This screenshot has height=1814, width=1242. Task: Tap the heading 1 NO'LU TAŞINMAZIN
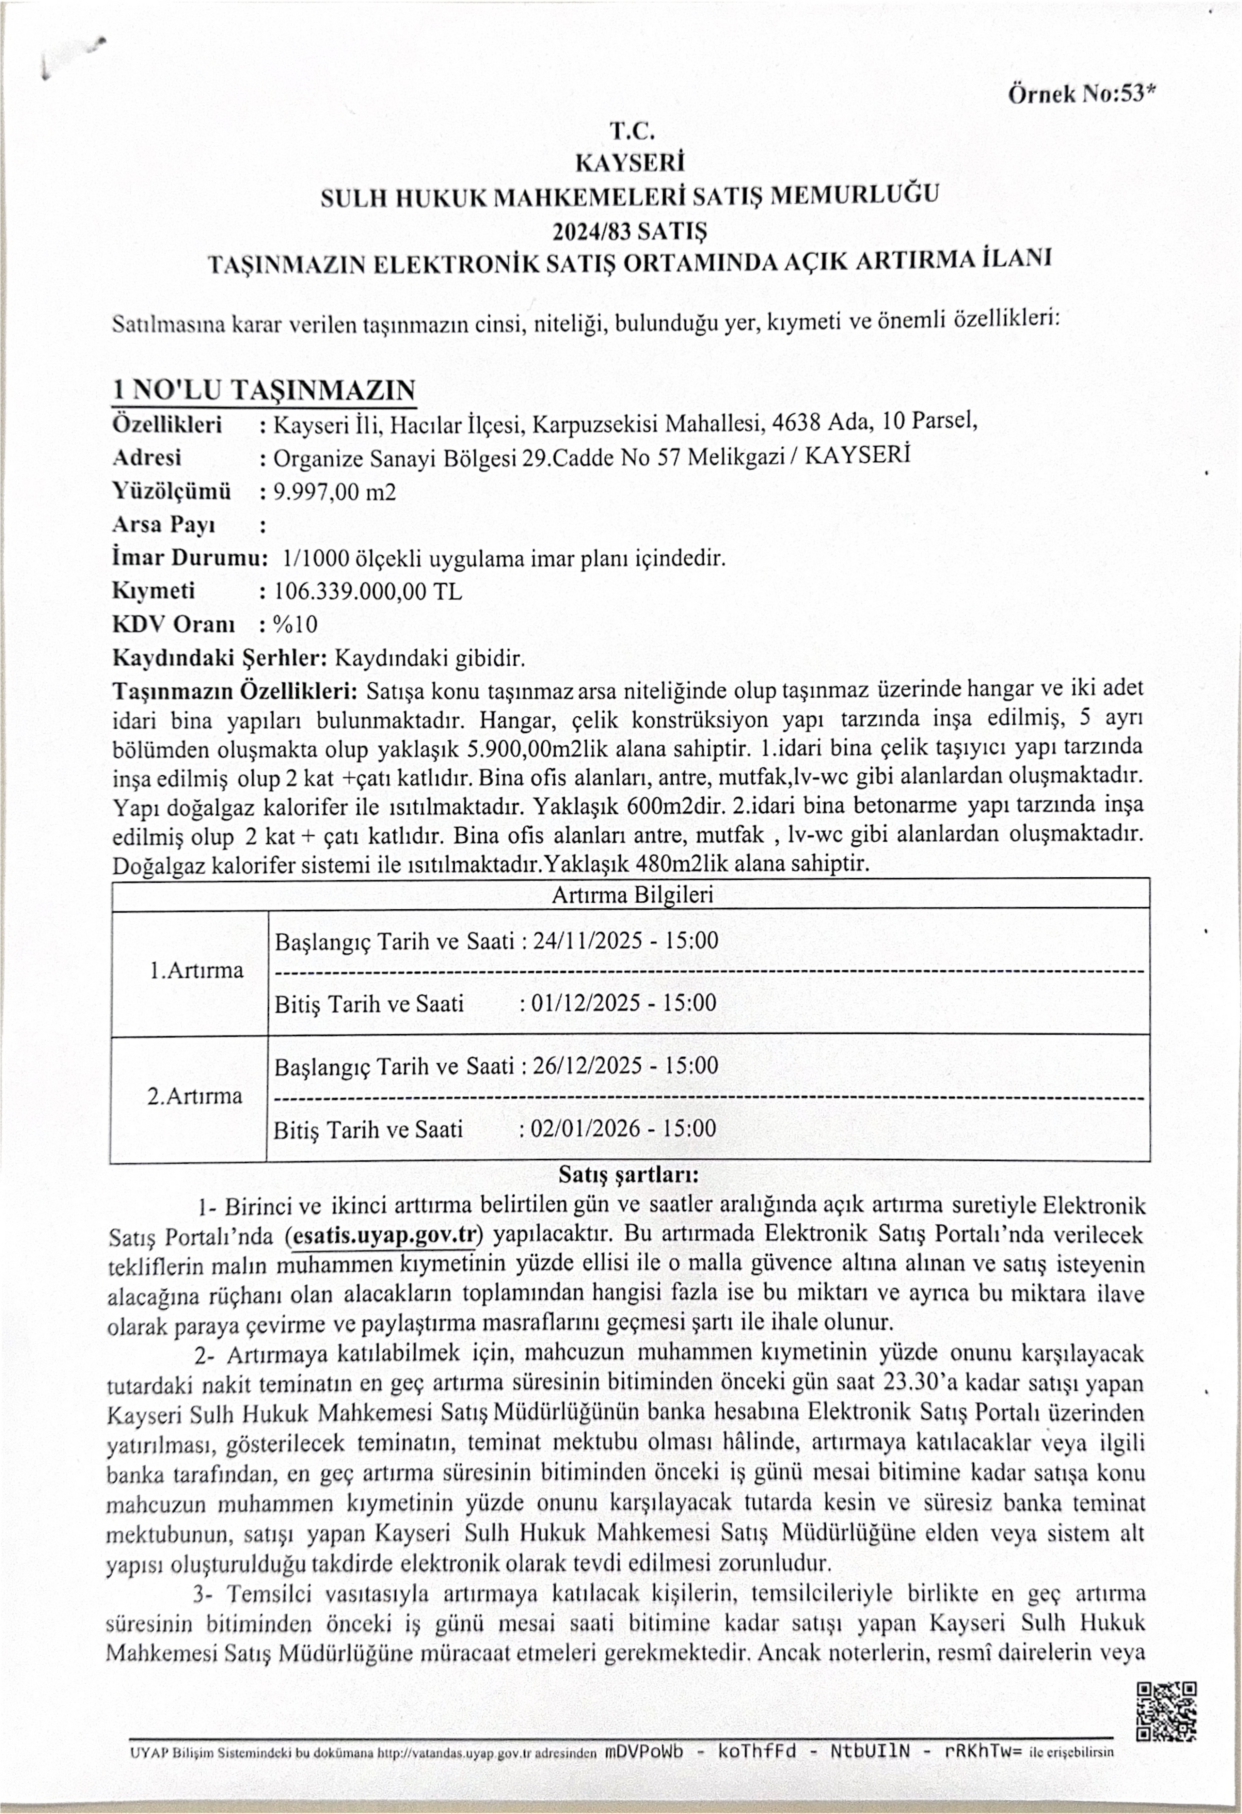click(264, 390)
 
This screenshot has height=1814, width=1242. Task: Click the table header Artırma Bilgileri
click(632, 894)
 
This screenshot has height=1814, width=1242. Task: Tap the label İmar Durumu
click(189, 558)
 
